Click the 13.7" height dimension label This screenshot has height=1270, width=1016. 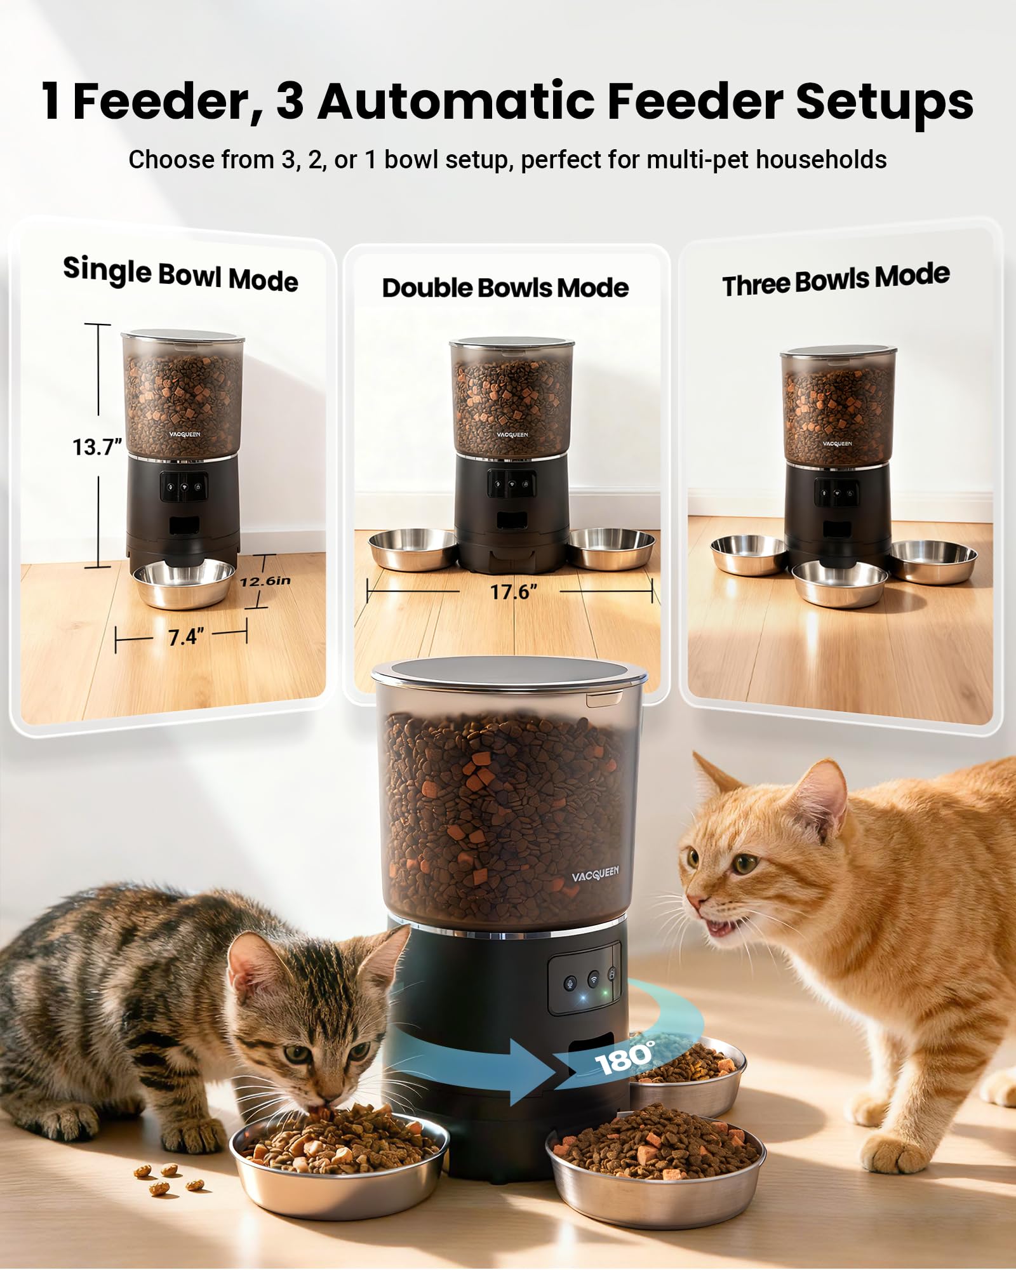(97, 447)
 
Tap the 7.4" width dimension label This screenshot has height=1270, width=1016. (186, 636)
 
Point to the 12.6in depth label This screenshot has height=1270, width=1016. (265, 581)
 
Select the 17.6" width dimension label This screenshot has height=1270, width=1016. (513, 592)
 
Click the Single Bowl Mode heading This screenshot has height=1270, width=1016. (180, 274)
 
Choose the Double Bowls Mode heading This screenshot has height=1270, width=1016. (505, 288)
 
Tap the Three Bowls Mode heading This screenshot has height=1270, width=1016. (836, 279)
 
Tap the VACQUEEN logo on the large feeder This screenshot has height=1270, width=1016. (594, 874)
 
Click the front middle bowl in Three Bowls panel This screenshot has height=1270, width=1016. (839, 582)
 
